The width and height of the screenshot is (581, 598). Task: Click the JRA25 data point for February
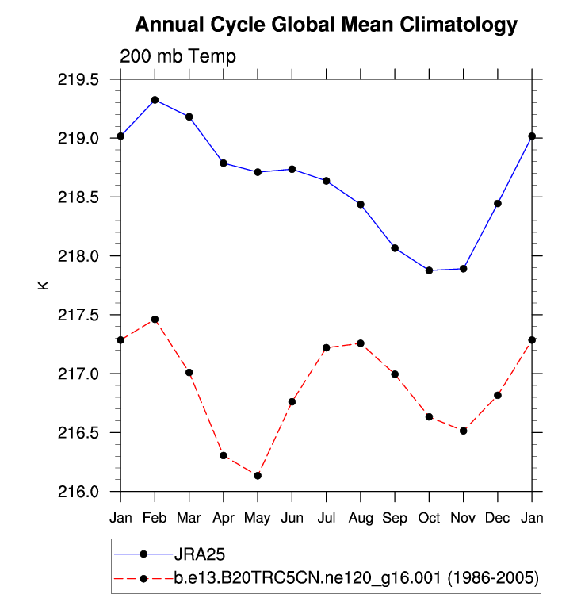[x=155, y=100]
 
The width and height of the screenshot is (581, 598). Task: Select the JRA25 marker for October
[x=430, y=270]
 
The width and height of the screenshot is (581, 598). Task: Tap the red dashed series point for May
[x=258, y=476]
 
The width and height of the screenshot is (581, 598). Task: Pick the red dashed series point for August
[x=361, y=343]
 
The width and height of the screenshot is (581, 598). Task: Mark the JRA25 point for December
[x=498, y=204]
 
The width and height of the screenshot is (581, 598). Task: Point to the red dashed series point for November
[x=464, y=431]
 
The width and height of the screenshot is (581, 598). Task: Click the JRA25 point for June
[x=292, y=169]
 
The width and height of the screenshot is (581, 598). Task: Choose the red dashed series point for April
[x=224, y=455]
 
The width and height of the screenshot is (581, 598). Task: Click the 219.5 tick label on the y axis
[x=78, y=80]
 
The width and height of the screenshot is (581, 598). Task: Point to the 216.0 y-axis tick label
[x=78, y=492]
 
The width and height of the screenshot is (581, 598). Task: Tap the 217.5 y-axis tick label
[x=78, y=315]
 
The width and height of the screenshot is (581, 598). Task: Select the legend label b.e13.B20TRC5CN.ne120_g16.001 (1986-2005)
[x=357, y=579]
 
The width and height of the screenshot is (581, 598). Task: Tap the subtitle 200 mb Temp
[x=178, y=56]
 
